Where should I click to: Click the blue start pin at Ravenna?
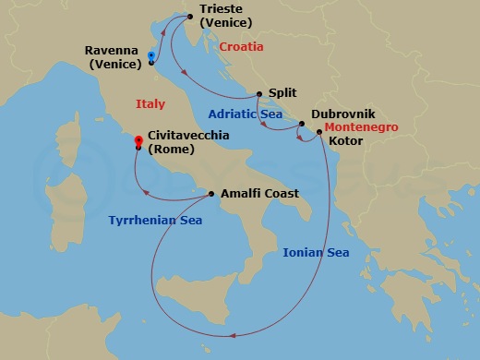(150, 55)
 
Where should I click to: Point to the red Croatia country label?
(241, 46)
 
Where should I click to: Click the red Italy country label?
(150, 104)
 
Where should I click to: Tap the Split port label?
(283, 93)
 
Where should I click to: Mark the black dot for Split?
(259, 93)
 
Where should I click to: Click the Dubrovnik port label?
(342, 114)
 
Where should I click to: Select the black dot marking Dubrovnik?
(302, 124)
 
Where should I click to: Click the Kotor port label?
(346, 141)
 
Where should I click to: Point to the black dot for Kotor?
(319, 133)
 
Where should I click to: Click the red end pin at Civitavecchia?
(138, 140)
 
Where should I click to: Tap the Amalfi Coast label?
(260, 194)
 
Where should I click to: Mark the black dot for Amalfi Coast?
(212, 194)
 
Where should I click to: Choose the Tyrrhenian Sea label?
(156, 221)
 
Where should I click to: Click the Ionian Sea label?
(316, 252)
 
